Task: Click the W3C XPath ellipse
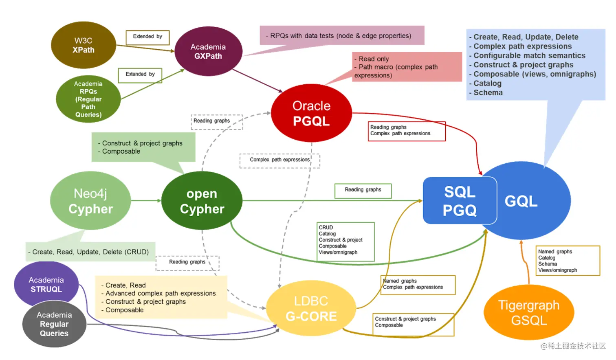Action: pyautogui.click(x=84, y=45)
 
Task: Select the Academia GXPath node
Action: pyautogui.click(x=208, y=51)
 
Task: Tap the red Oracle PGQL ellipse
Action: pyautogui.click(x=311, y=113)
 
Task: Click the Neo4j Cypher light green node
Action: pyautogui.click(x=90, y=201)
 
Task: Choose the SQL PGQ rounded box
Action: pyautogui.click(x=460, y=201)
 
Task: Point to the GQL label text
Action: pyautogui.click(x=521, y=201)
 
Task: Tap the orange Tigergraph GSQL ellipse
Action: pyautogui.click(x=529, y=312)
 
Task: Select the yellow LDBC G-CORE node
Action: pyautogui.click(x=311, y=308)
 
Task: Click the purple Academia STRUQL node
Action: pyautogui.click(x=46, y=284)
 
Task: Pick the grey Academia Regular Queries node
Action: pyautogui.click(x=54, y=324)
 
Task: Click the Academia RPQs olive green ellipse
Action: pyautogui.click(x=88, y=99)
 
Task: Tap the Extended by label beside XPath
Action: pyautogui.click(x=147, y=37)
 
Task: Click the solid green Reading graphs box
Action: pyautogui.click(x=363, y=190)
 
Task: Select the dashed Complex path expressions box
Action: pyautogui.click(x=279, y=160)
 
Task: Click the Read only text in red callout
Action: pyautogui.click(x=373, y=59)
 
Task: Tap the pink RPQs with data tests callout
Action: pyautogui.click(x=341, y=36)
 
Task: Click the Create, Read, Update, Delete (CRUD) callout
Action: pyautogui.click(x=90, y=252)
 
